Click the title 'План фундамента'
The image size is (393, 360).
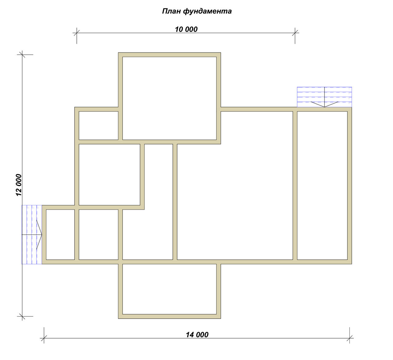coord(197,11)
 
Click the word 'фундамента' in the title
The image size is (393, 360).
coord(207,11)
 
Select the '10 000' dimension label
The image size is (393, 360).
coord(186,29)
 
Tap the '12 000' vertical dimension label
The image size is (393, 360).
coord(19,185)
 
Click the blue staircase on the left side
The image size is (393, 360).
coord(32,234)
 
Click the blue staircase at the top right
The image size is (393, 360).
coord(324,97)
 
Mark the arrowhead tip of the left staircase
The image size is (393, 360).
coord(42,234)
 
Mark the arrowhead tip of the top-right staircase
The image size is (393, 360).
coord(325,107)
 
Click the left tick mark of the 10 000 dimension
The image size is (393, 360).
coord(76,33)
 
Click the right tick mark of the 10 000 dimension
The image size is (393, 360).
coord(295,33)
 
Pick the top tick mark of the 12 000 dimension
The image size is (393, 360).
coord(22,55)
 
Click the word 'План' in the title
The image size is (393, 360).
coord(172,11)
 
